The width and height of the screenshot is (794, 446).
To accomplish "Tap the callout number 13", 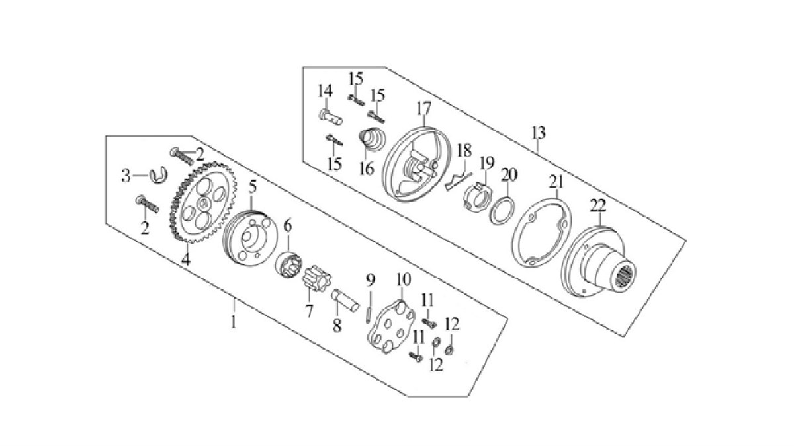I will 538,133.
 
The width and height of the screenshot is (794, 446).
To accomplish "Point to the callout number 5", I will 252,187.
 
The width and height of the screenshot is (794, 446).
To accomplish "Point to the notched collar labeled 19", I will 478,196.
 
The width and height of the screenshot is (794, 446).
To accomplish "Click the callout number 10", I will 402,281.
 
